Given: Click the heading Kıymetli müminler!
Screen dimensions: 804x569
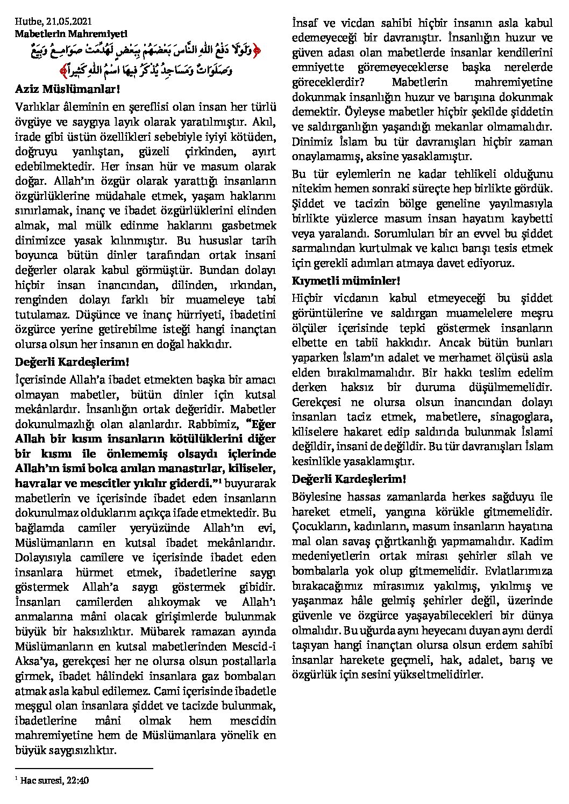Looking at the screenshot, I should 346,281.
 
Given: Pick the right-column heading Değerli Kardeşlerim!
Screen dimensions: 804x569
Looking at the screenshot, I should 348,479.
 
